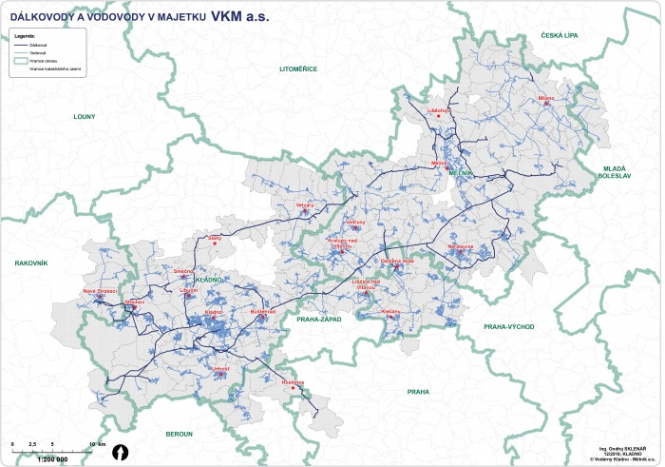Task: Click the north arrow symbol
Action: point(120,452)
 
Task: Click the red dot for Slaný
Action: point(215,243)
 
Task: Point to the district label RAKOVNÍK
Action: point(31,262)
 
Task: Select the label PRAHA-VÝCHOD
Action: point(509,326)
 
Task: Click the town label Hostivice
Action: point(293,382)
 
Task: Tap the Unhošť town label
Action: point(222,367)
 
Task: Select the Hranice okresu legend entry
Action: point(43,60)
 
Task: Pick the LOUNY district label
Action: point(85,116)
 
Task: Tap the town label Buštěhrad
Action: point(262,311)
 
